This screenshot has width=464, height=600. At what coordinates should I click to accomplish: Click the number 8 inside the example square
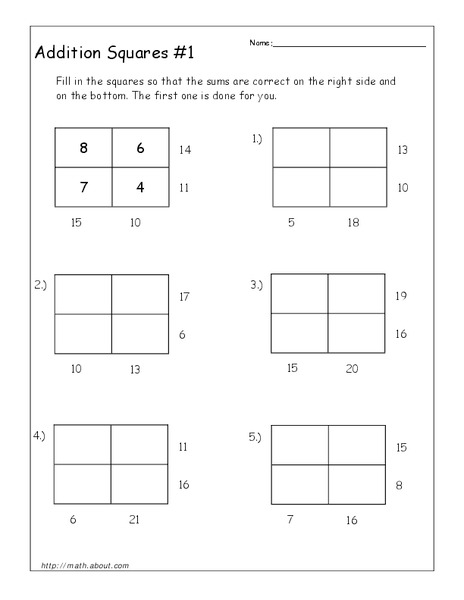(83, 148)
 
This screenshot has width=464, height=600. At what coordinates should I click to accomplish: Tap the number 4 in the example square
(140, 186)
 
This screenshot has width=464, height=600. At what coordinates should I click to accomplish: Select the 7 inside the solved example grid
(83, 186)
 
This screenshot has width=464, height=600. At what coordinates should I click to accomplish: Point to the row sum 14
(184, 149)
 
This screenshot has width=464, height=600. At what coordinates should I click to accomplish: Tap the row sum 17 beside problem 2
(184, 296)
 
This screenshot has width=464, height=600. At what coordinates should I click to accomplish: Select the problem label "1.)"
(256, 140)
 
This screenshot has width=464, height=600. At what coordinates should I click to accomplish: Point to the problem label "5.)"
(256, 436)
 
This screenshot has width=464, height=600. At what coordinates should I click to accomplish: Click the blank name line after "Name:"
(348, 45)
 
